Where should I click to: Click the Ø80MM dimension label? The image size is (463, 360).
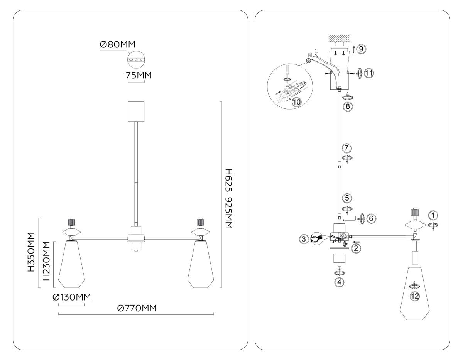pyautogui.click(x=118, y=44)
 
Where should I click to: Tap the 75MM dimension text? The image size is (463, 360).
pyautogui.click(x=139, y=75)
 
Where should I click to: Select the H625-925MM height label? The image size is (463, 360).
pyautogui.click(x=228, y=199)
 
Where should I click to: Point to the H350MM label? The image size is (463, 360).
pyautogui.click(x=31, y=252)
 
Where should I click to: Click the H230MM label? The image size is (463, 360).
pyautogui.click(x=46, y=261)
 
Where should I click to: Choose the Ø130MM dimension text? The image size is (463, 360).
pyautogui.click(x=72, y=297)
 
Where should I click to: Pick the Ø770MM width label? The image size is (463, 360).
pyautogui.click(x=137, y=308)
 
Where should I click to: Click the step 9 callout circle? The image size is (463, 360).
pyautogui.click(x=361, y=49)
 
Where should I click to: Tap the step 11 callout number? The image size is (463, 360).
pyautogui.click(x=369, y=73)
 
